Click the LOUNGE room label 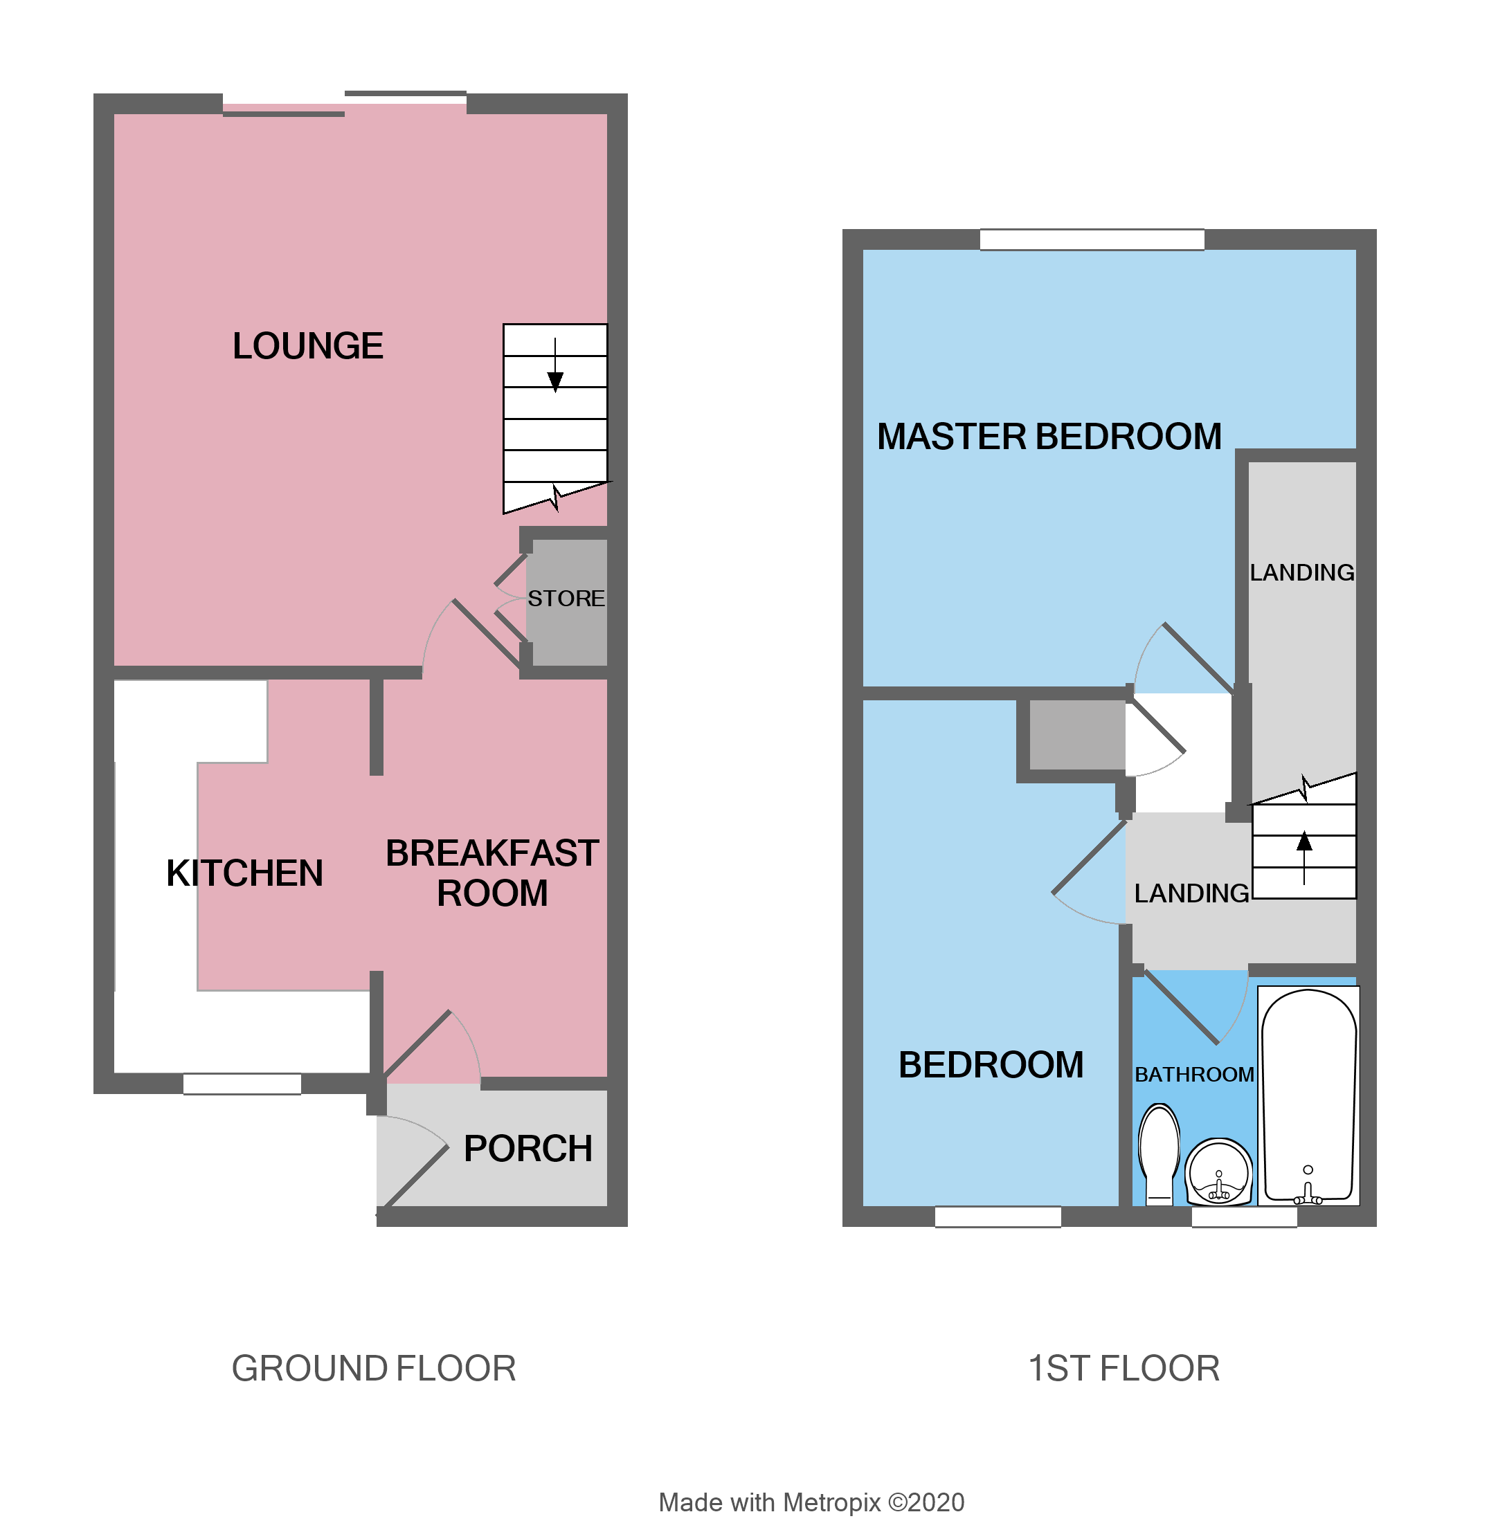(x=307, y=346)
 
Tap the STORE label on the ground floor (x=566, y=599)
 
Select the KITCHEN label (x=244, y=873)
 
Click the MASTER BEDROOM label (x=1049, y=437)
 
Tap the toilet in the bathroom (x=1159, y=1153)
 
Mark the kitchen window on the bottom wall (x=242, y=1084)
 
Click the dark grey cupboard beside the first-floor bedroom (x=1076, y=734)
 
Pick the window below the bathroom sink (x=1244, y=1217)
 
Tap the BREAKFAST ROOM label (x=491, y=873)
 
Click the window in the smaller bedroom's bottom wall (x=998, y=1217)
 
